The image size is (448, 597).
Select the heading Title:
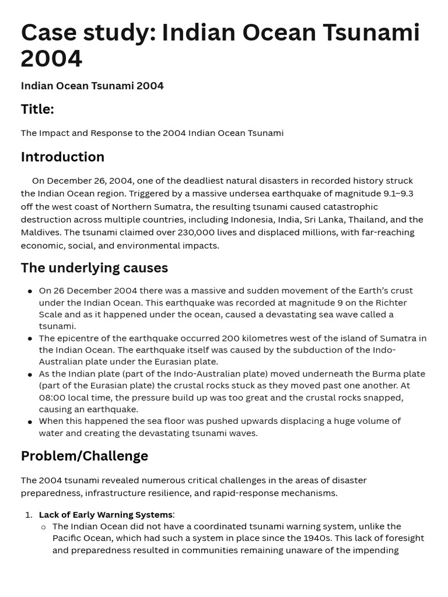pos(37,109)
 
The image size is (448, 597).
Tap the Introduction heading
pos(62,157)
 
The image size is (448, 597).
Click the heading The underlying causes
pos(94,268)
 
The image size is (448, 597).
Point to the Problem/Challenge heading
pos(84,456)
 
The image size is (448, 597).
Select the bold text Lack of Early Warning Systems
pos(106,514)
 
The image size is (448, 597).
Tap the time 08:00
pos(52,398)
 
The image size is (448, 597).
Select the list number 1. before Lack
pos(29,514)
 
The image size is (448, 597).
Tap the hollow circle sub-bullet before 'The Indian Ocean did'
pos(44,527)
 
